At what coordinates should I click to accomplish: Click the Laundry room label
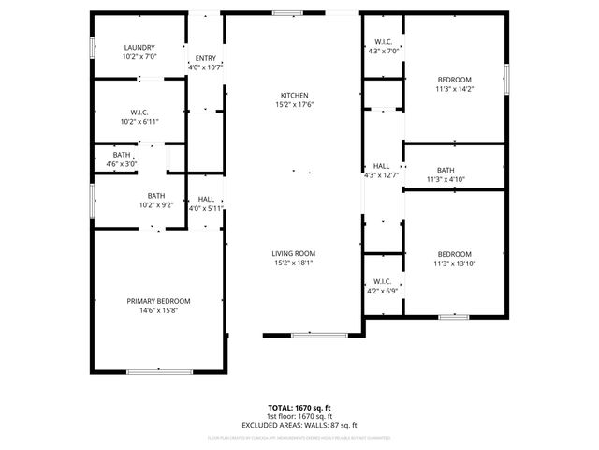tap(139, 48)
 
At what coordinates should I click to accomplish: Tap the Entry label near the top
tap(205, 58)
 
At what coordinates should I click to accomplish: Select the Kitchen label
tap(294, 96)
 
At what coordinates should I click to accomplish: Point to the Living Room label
tap(294, 253)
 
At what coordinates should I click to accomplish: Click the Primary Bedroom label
tap(158, 301)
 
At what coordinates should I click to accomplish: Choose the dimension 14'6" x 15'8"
tap(158, 310)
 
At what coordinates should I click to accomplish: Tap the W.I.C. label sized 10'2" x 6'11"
tap(139, 112)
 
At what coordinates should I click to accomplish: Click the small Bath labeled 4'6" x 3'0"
tap(122, 155)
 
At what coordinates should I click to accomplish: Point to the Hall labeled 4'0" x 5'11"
tap(205, 200)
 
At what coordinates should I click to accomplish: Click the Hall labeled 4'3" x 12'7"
tap(381, 166)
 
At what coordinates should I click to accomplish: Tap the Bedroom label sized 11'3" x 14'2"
tap(454, 80)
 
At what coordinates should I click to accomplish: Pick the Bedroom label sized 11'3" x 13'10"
tap(454, 254)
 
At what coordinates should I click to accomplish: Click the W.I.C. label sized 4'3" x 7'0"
tap(383, 42)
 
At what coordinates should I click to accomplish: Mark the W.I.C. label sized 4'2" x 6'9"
tap(382, 281)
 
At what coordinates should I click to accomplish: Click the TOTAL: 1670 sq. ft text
tap(299, 409)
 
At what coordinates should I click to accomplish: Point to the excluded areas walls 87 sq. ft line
tap(299, 425)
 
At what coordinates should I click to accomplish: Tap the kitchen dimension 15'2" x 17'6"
tap(294, 105)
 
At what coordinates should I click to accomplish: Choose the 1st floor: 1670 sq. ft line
tap(299, 417)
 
